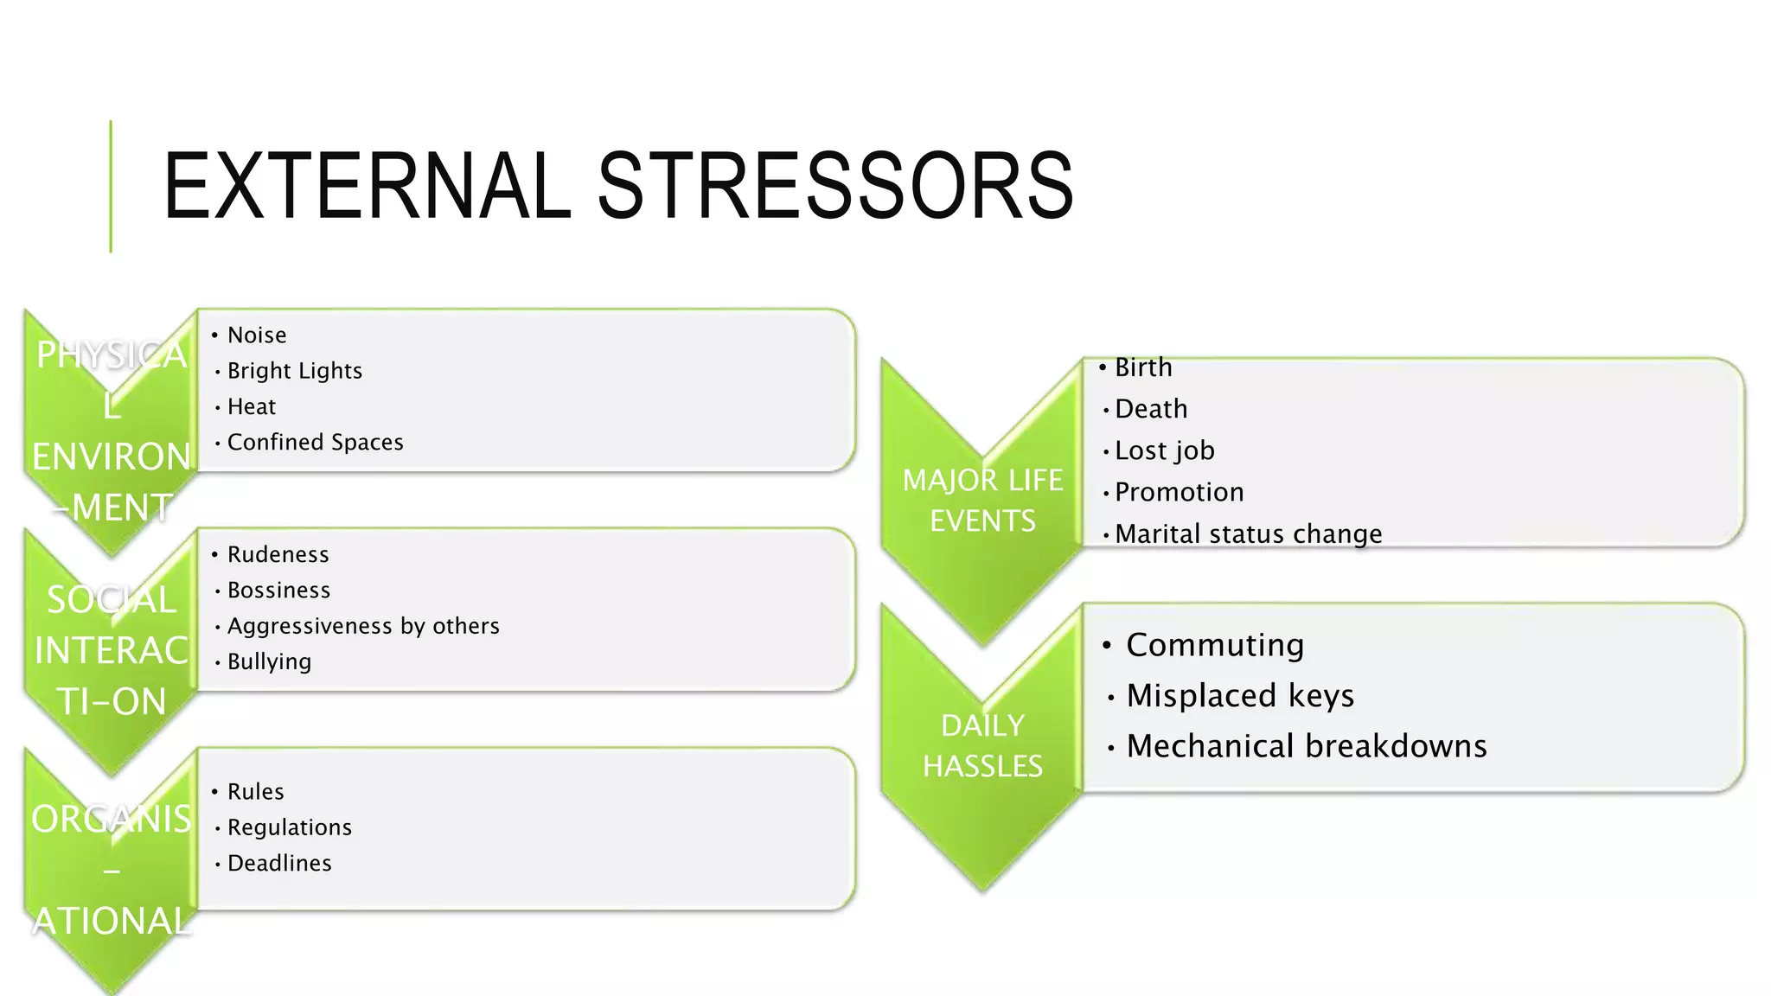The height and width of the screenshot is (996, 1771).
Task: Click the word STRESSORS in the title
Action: coord(835,186)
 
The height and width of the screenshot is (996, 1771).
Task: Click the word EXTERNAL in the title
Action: coord(368,186)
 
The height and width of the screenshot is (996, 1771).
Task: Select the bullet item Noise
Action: coord(256,335)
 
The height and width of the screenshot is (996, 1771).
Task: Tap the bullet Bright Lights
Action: coord(294,371)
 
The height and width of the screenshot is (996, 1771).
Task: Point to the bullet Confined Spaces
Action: coord(315,443)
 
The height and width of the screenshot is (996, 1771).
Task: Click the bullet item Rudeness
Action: coord(278,555)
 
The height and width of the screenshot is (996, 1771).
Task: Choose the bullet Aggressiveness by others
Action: coord(363,626)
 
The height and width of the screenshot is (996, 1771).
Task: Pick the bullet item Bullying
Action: coord(269,662)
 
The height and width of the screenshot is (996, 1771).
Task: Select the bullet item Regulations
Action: coord(289,827)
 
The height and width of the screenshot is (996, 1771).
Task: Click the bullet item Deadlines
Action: coord(279,864)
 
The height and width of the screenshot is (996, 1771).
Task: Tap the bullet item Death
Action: coord(1151,409)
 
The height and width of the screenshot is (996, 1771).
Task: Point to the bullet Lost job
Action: coord(1164,450)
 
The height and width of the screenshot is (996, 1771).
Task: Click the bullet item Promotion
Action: coord(1179,492)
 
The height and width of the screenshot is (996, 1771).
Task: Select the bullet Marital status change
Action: coord(1248,533)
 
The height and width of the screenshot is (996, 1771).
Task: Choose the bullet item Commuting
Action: coord(1214,645)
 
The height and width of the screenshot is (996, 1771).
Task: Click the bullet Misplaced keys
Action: coord(1239,695)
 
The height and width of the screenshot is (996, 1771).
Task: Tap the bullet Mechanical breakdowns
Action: coord(1306,746)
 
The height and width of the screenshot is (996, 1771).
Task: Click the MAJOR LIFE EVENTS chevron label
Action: coord(982,501)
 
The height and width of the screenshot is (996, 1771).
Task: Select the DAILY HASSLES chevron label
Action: coord(982,745)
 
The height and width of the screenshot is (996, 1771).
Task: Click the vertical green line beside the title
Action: coord(111,186)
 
